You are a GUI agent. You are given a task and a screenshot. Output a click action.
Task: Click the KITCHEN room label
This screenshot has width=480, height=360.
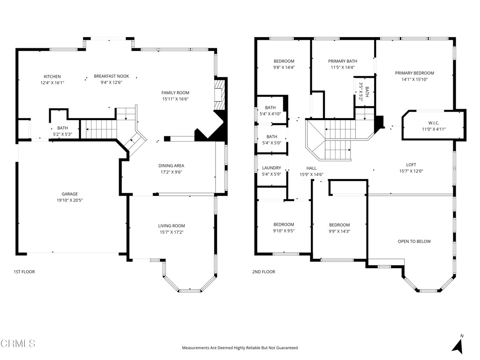(x=52, y=76)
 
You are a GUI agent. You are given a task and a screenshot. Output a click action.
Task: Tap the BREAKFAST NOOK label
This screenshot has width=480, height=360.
(x=111, y=76)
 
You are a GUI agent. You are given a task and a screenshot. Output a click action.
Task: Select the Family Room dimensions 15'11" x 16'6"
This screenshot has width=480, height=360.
(x=175, y=99)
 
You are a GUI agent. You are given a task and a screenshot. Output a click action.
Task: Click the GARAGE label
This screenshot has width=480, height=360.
(x=69, y=194)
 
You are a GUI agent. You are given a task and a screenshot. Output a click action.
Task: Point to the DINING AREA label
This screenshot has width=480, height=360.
(x=171, y=165)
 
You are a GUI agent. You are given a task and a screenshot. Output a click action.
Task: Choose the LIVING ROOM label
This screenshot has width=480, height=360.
(x=171, y=226)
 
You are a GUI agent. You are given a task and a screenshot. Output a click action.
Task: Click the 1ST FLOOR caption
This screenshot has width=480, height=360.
(x=24, y=272)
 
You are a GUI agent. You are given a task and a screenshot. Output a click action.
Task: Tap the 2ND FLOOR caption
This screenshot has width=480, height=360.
(x=263, y=272)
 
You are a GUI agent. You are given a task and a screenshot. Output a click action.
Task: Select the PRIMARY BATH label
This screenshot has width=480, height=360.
(x=342, y=61)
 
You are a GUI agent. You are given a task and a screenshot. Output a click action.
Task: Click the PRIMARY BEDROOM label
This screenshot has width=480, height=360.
(x=414, y=73)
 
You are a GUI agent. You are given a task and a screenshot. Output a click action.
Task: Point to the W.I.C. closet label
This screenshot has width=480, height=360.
(x=433, y=123)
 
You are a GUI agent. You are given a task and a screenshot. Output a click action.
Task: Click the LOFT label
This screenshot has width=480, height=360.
(x=411, y=165)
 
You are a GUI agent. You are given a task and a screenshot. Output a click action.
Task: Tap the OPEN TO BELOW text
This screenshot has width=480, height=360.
(x=414, y=241)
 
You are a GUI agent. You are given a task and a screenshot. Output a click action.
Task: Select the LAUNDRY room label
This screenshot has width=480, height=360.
(x=271, y=168)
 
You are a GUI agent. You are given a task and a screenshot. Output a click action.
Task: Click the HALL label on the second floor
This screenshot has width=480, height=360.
(x=311, y=168)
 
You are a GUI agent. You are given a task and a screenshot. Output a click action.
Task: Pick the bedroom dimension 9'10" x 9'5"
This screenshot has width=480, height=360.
(x=284, y=231)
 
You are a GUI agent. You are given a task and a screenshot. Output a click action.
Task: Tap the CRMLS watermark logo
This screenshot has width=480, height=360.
(x=18, y=344)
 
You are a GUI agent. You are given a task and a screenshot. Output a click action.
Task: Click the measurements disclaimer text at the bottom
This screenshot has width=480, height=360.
(x=240, y=348)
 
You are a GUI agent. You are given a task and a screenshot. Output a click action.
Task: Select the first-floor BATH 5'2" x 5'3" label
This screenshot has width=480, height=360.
(x=62, y=128)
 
